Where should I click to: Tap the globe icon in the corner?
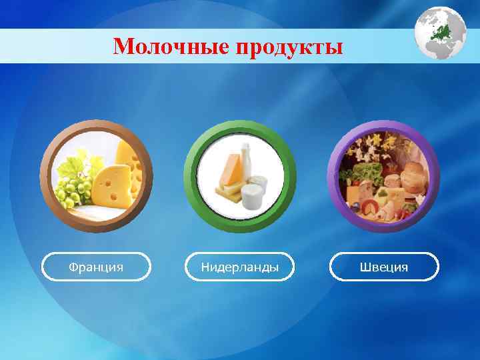click(440, 33)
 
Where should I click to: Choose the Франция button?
click(97, 267)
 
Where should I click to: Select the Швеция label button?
click(384, 267)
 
